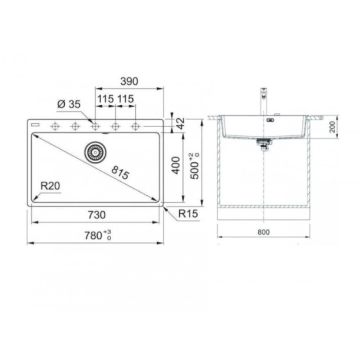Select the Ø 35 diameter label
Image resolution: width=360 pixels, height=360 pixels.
[x=69, y=104]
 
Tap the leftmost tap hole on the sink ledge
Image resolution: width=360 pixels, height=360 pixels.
[x=55, y=126]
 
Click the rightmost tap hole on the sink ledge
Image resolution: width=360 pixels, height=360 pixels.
[x=136, y=126]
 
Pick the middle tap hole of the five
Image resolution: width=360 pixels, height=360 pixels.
[x=95, y=126]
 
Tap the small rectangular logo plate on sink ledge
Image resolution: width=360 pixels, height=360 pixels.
[x=35, y=125]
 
